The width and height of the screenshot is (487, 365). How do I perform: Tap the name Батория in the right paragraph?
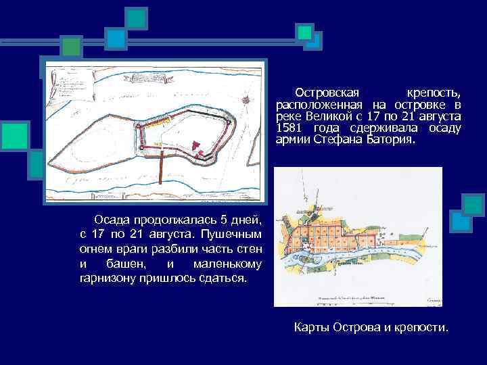coord(394,141)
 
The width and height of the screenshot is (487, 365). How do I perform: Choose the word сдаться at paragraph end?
coord(225,278)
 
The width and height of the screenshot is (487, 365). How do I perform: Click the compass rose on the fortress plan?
coord(248,99)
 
